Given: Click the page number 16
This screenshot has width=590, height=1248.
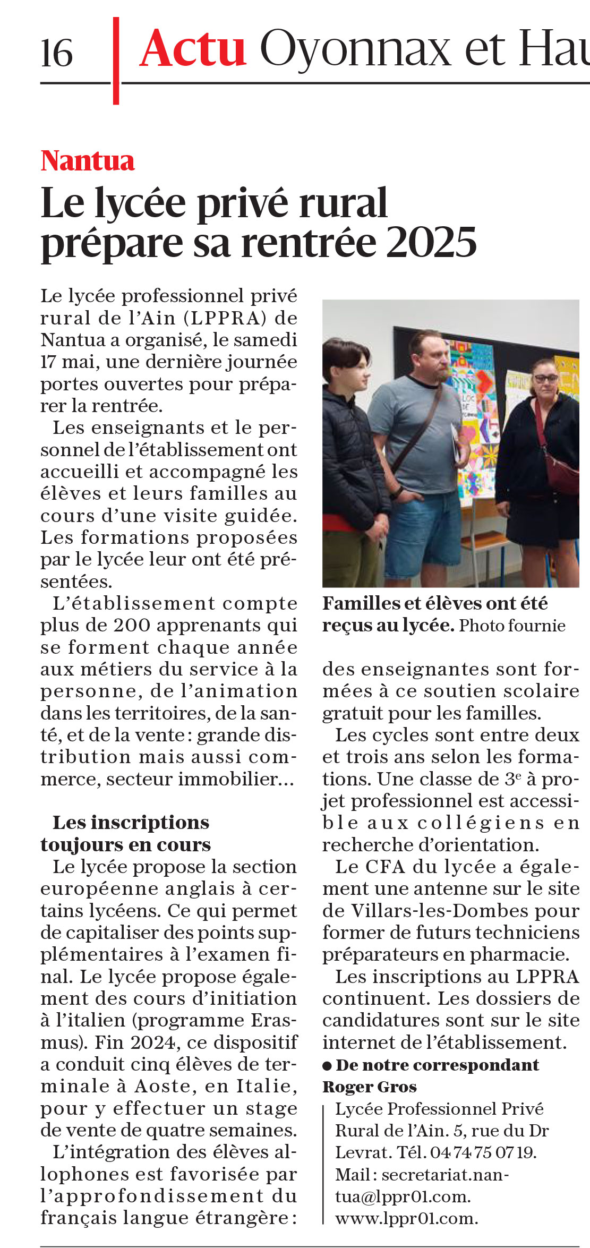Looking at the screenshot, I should click(57, 53).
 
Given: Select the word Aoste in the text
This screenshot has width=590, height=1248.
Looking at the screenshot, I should click(162, 1086).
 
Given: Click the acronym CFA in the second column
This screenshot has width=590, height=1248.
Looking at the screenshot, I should click(386, 866).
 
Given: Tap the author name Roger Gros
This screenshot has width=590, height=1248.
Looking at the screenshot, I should click(370, 1087).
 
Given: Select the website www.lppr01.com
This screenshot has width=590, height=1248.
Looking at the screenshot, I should click(406, 1218).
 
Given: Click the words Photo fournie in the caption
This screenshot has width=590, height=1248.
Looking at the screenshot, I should click(512, 625).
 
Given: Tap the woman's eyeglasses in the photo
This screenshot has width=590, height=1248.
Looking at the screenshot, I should click(545, 378).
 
